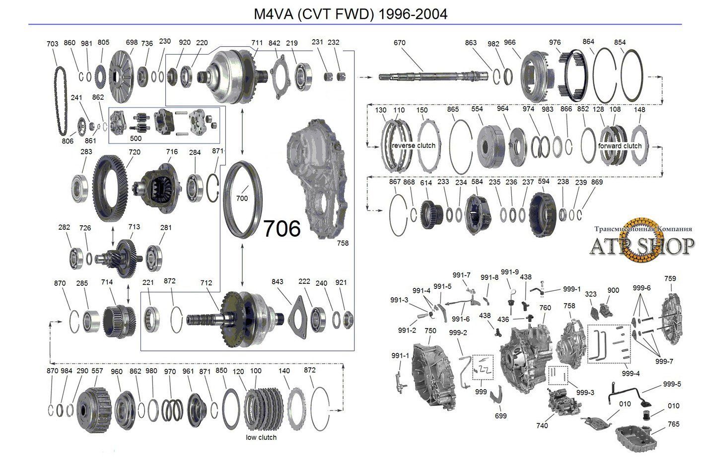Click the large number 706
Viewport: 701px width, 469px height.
(282, 229)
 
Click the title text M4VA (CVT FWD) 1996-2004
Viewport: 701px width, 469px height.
(350, 14)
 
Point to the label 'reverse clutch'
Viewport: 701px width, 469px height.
(413, 145)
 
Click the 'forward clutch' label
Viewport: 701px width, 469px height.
(620, 146)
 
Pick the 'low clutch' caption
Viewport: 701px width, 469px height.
(261, 437)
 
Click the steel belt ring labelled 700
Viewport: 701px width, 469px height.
(242, 201)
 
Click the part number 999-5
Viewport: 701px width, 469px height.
(672, 384)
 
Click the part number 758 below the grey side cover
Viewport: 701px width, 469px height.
(342, 243)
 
